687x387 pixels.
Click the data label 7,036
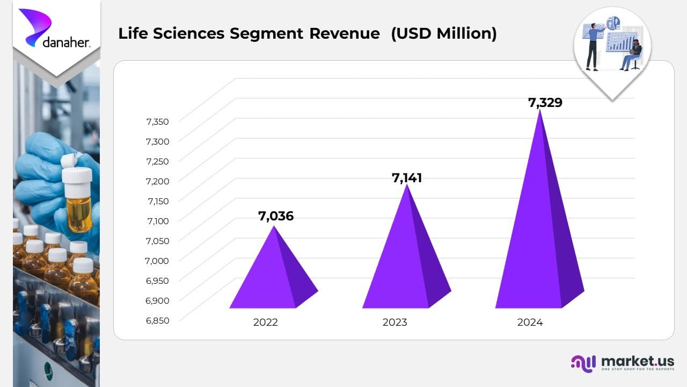[276, 217]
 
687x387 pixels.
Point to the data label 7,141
[407, 178]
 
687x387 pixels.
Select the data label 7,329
[545, 103]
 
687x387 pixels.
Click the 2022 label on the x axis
[266, 322]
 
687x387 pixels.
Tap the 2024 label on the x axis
[530, 322]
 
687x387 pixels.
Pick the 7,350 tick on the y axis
[157, 121]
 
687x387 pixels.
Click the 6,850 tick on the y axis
[157, 320]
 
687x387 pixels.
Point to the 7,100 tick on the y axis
[157, 221]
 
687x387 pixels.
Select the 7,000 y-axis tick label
[157, 261]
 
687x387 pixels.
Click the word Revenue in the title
[344, 33]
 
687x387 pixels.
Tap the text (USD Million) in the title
[443, 33]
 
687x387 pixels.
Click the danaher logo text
[66, 42]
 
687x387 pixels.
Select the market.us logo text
[638, 361]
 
